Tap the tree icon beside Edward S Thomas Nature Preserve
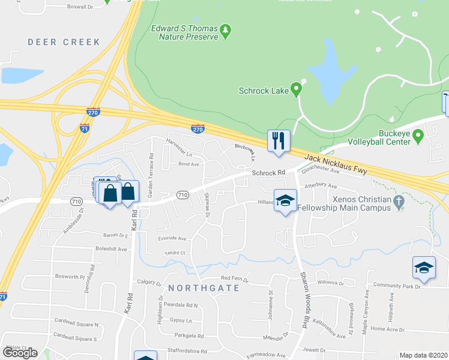tap(225, 31)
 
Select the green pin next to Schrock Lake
tap(296, 90)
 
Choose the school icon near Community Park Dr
tap(424, 268)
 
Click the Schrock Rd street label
tap(268, 173)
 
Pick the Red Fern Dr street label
tap(235, 278)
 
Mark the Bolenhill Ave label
tap(111, 248)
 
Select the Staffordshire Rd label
tap(185, 352)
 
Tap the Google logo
tap(20, 353)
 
